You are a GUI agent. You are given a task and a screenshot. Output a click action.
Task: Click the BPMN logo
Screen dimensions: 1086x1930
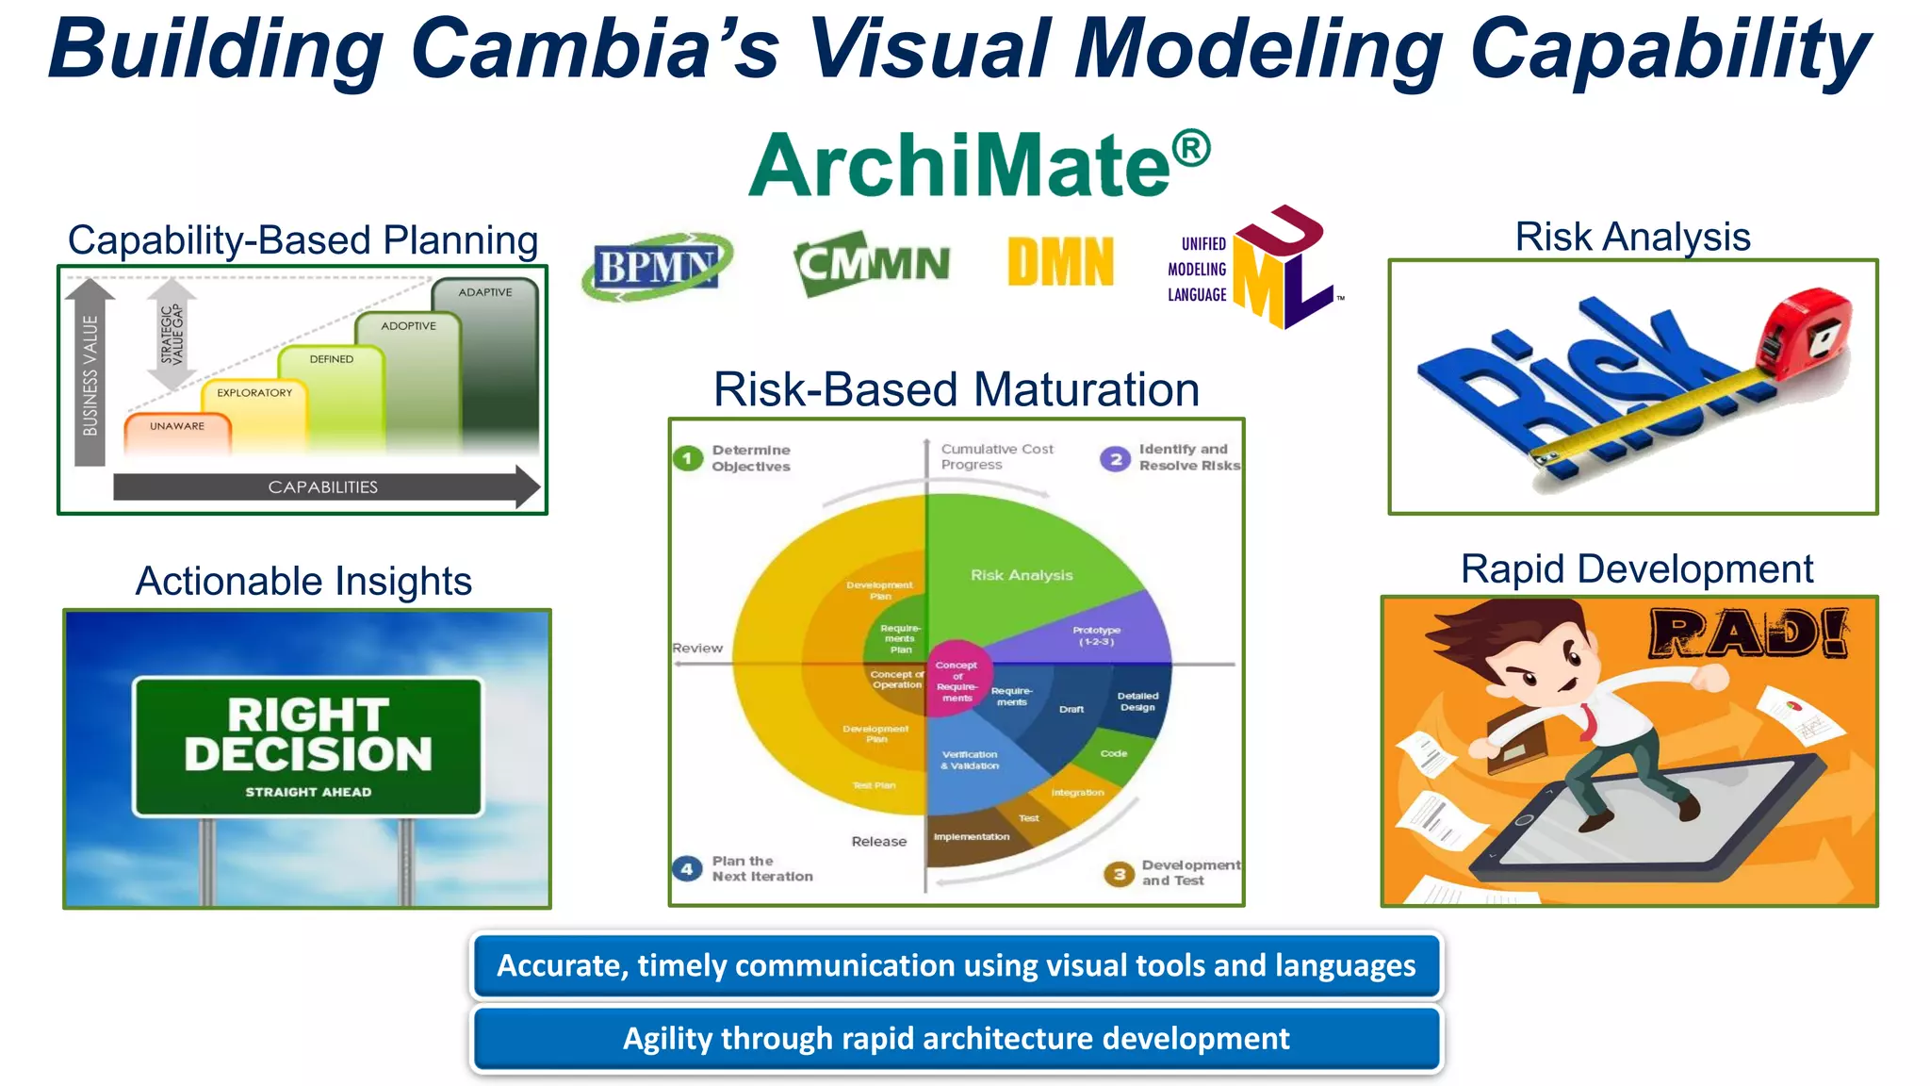pos(656,267)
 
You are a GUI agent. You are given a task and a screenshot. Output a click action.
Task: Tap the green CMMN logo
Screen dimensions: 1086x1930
pos(872,264)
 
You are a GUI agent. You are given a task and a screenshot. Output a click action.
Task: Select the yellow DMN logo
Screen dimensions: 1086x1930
pos(1060,262)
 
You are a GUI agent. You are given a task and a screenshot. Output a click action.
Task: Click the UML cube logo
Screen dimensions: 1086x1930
pos(1282,269)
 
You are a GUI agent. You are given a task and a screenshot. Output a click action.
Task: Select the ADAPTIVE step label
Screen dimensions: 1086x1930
pos(485,293)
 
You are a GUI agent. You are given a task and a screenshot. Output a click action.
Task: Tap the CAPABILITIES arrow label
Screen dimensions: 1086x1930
pos(323,487)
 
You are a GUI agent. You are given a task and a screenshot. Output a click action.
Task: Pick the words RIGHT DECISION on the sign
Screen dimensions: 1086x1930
pos(308,735)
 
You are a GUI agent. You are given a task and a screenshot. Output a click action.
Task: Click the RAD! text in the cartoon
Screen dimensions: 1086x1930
pos(1748,634)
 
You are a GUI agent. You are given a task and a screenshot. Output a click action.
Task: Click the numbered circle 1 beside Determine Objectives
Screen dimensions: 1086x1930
pos(687,459)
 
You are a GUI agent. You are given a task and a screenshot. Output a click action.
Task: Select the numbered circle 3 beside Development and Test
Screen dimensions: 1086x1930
pos(1119,874)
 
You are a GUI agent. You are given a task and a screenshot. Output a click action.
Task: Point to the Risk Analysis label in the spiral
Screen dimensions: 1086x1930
pos(1022,575)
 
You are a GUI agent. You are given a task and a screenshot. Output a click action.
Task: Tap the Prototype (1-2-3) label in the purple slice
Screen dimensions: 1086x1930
pos(1096,635)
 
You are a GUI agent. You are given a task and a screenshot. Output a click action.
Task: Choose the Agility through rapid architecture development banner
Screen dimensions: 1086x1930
pos(956,1039)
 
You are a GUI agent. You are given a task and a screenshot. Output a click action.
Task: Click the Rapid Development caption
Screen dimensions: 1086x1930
pos(1636,569)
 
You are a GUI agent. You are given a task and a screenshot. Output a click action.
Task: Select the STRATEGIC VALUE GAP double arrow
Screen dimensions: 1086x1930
pos(172,335)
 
